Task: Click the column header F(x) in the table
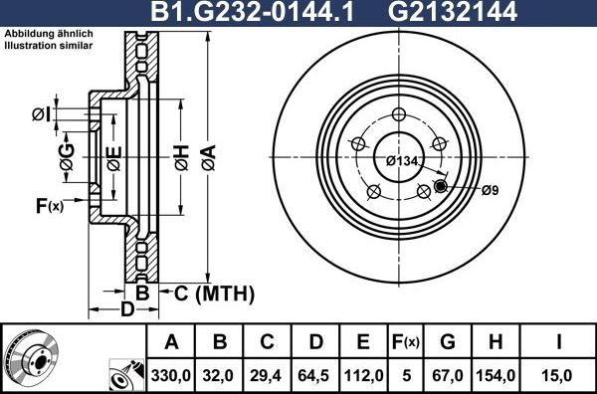406,343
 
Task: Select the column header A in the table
171,343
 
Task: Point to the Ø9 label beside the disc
489,190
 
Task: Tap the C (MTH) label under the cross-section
215,294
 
